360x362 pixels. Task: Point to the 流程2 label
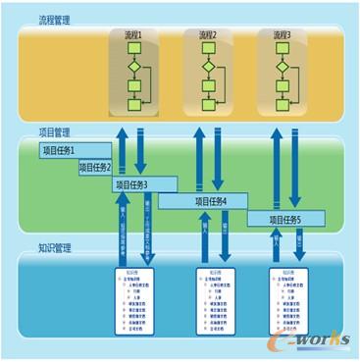208,34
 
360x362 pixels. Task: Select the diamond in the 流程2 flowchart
208,68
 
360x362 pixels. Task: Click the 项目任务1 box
71,150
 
